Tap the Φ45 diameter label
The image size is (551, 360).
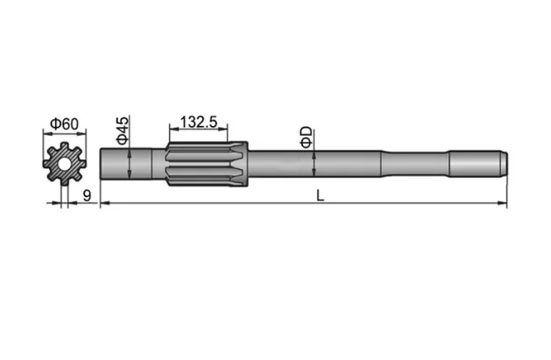tap(124, 130)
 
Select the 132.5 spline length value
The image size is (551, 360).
tap(199, 122)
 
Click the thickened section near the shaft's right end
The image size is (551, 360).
tap(475, 164)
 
